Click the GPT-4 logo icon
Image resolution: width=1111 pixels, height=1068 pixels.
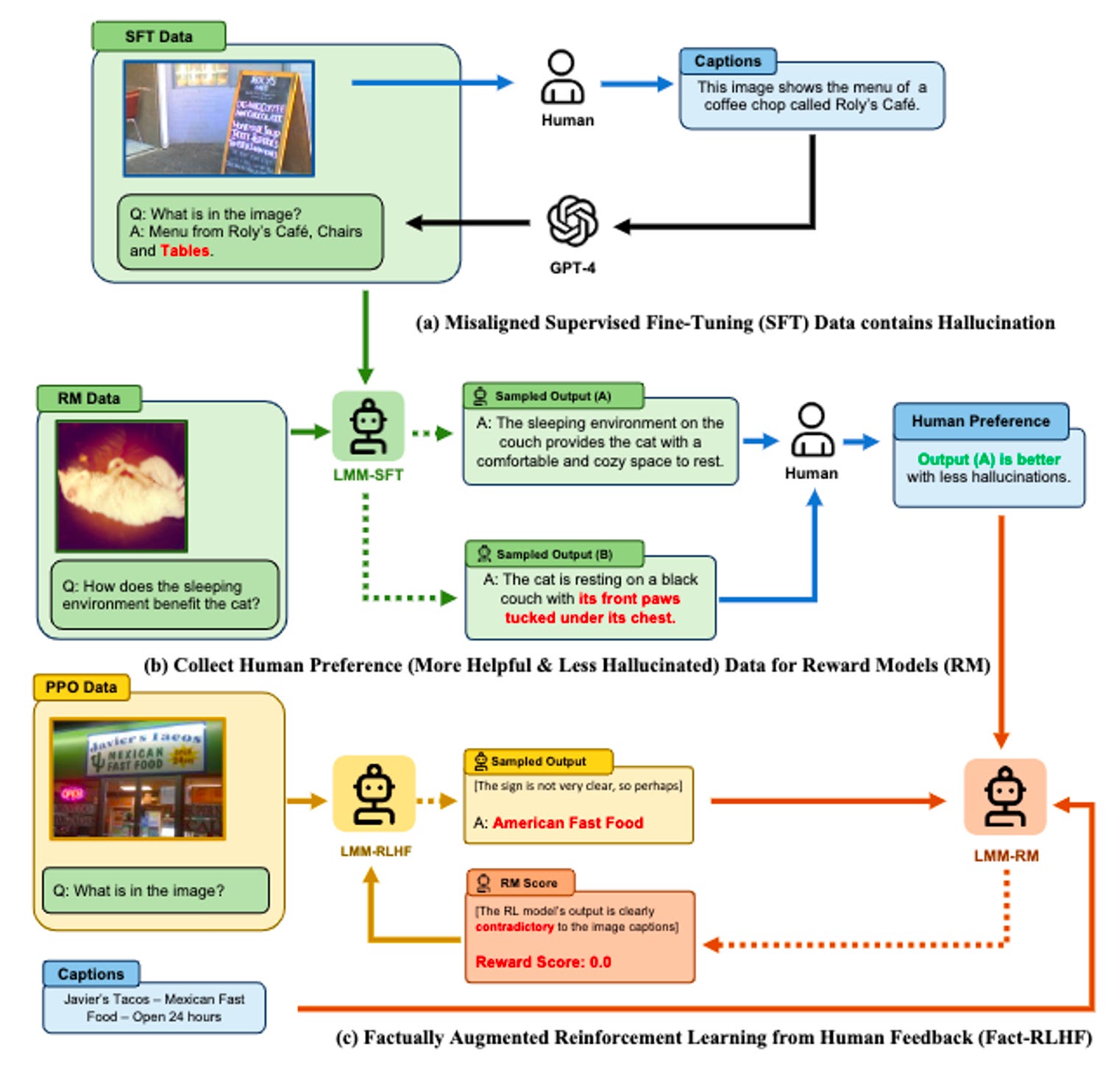point(572,222)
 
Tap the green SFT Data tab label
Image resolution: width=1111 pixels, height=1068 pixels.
point(158,36)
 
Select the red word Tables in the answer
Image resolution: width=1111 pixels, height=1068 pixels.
point(185,251)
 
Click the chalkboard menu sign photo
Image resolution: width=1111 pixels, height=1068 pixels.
point(219,119)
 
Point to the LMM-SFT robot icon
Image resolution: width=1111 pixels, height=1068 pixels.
point(368,426)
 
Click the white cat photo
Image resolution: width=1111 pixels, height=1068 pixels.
point(122,486)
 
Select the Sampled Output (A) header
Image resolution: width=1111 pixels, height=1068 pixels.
point(553,396)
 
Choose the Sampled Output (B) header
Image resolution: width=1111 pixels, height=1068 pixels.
point(554,554)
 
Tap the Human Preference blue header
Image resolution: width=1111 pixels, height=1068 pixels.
point(980,421)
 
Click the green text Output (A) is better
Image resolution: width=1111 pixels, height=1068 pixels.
point(988,459)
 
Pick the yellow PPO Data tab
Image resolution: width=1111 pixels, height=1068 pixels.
point(81,687)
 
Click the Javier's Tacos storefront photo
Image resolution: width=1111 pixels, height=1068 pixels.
point(138,779)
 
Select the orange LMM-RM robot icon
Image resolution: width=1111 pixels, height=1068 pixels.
point(1005,796)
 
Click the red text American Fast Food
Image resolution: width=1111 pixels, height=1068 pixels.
point(567,823)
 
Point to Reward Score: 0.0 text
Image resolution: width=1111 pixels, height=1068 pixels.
point(543,962)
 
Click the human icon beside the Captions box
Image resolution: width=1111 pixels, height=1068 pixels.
point(563,77)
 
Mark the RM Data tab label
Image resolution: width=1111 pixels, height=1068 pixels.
point(88,398)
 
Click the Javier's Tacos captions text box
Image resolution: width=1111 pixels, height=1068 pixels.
point(154,1008)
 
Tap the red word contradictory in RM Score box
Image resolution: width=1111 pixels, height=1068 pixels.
point(514,927)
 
